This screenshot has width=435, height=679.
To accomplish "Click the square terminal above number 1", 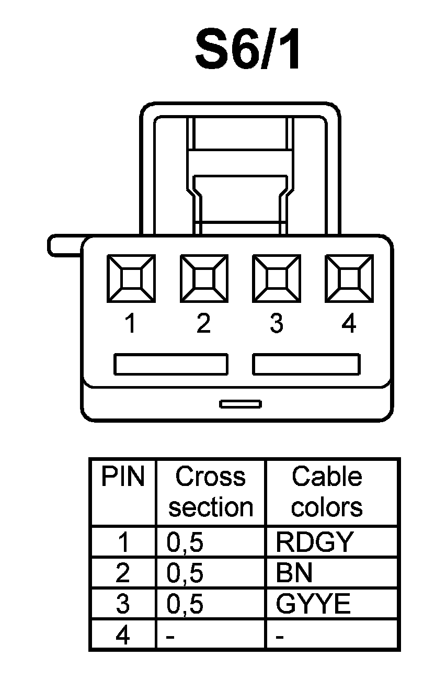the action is click(x=131, y=278).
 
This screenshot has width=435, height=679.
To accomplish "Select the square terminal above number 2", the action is click(x=204, y=278).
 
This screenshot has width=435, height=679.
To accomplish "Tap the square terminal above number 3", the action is click(x=276, y=278).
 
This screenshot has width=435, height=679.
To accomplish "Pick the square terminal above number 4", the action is click(x=349, y=278).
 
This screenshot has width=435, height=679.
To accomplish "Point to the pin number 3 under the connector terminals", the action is click(x=276, y=324).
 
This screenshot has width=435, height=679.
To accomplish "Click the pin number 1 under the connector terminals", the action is click(x=130, y=324).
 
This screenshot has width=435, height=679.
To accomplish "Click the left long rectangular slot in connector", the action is click(x=171, y=365).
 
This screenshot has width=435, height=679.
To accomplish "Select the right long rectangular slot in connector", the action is click(x=306, y=365).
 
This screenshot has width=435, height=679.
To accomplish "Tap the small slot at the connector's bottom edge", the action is click(x=241, y=403).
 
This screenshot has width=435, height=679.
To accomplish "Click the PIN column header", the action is click(x=123, y=477).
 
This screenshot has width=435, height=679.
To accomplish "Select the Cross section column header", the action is click(x=211, y=492).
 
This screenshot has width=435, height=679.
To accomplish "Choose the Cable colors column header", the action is click(x=327, y=492).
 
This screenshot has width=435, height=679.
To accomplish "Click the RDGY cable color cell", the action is click(x=315, y=542).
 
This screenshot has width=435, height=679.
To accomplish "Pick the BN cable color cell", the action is click(x=294, y=573).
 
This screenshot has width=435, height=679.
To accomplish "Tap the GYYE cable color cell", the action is click(x=313, y=604).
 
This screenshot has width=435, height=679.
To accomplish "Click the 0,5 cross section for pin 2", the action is click(x=185, y=573).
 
